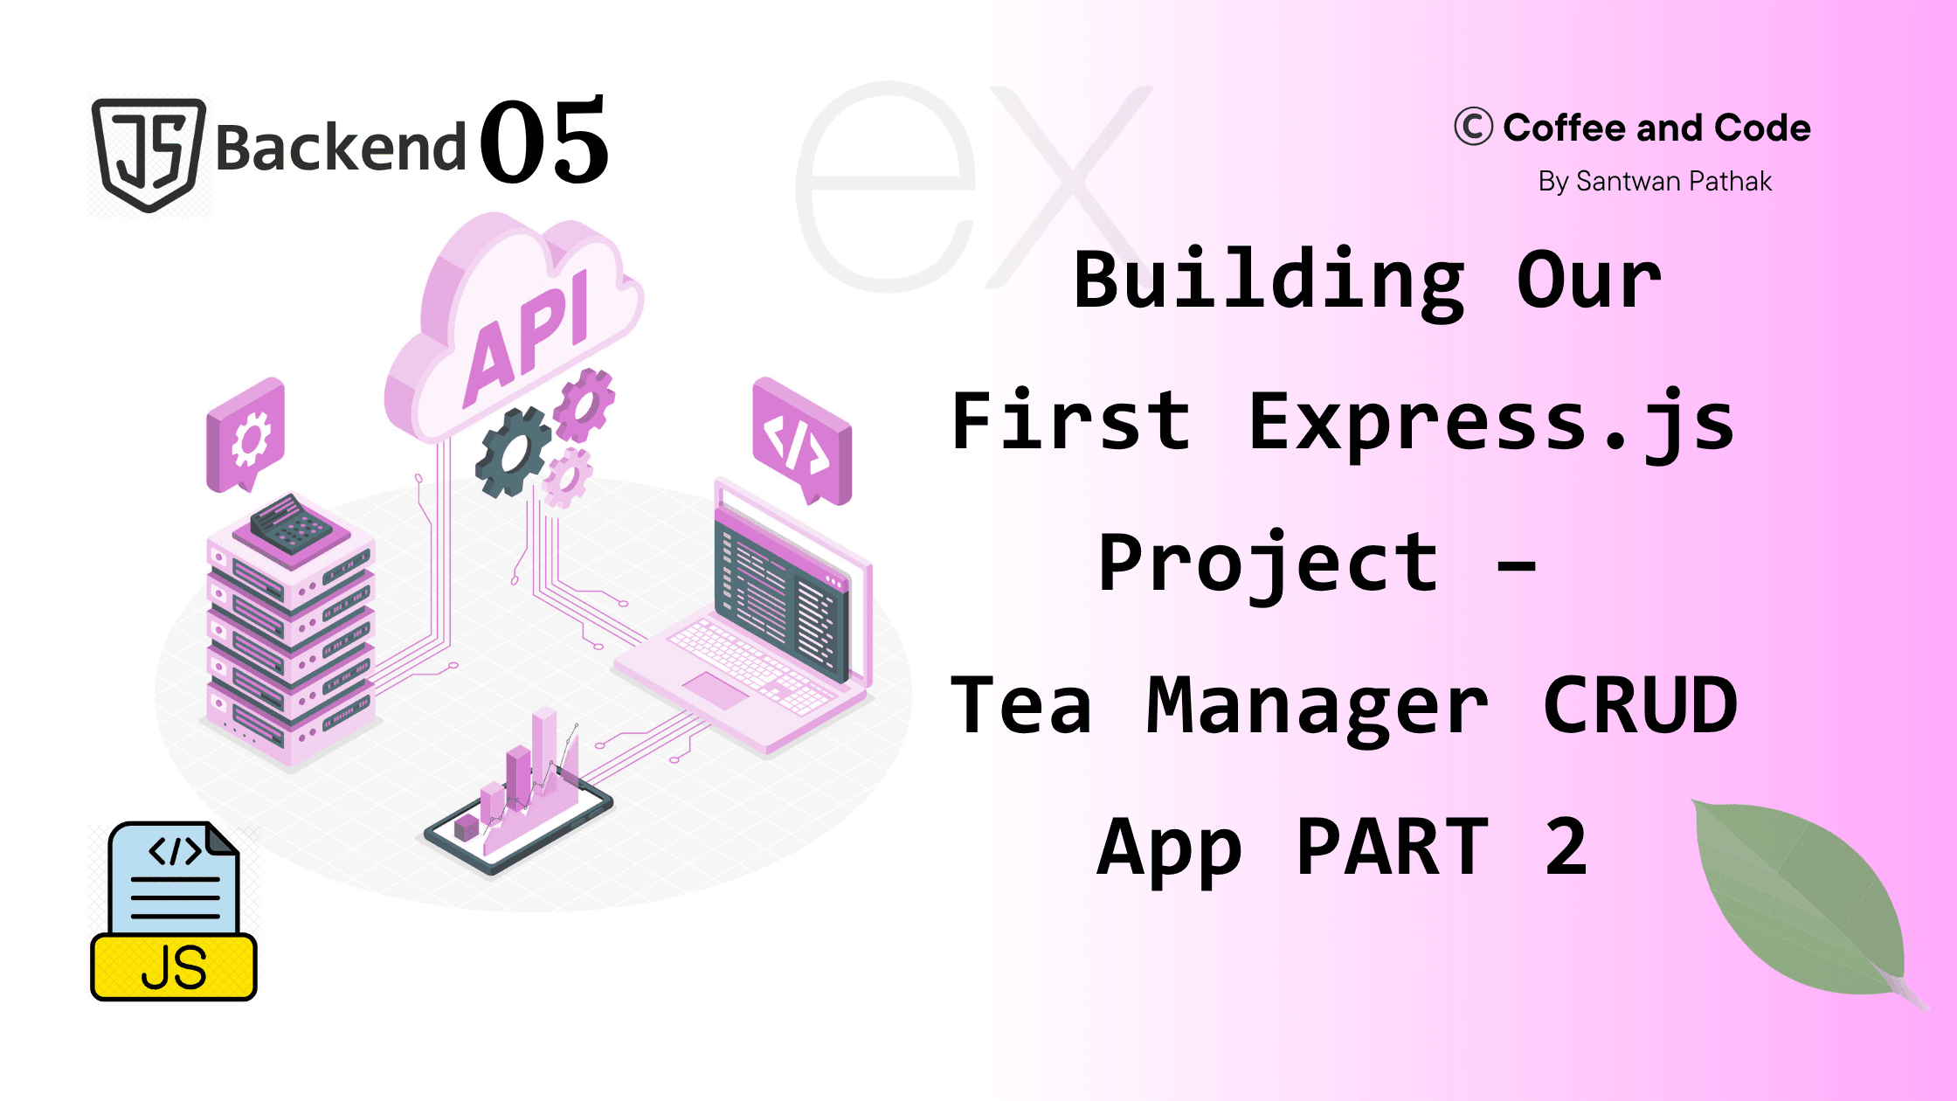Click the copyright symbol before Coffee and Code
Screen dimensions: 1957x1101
pyautogui.click(x=1473, y=127)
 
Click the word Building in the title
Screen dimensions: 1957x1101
pyautogui.click(x=1269, y=281)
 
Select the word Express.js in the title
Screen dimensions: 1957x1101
pyautogui.click(x=1491, y=424)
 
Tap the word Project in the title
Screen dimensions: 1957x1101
pyautogui.click(x=1268, y=566)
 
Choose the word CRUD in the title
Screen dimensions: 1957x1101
pyautogui.click(x=1640, y=705)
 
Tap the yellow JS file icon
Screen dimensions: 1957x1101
pyautogui.click(x=174, y=911)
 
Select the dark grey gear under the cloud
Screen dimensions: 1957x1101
pyautogui.click(x=513, y=453)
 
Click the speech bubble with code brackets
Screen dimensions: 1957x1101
pyautogui.click(x=802, y=440)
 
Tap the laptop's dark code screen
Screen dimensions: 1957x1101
pyautogui.click(x=780, y=594)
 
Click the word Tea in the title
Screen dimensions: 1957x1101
pyautogui.click(x=1021, y=705)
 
